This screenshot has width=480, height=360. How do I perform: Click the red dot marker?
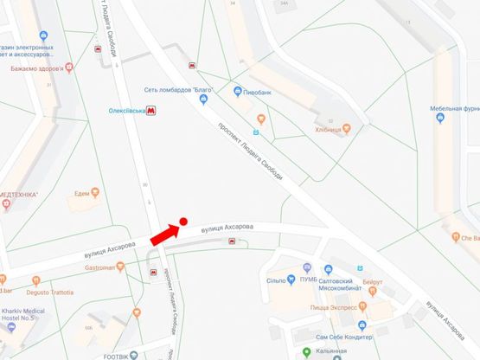point(183,222)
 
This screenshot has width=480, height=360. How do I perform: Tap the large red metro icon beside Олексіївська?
point(152,110)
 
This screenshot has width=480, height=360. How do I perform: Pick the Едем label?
point(83,193)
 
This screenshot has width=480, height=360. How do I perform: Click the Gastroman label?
point(99,267)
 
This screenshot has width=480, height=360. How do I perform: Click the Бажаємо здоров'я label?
point(39,67)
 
